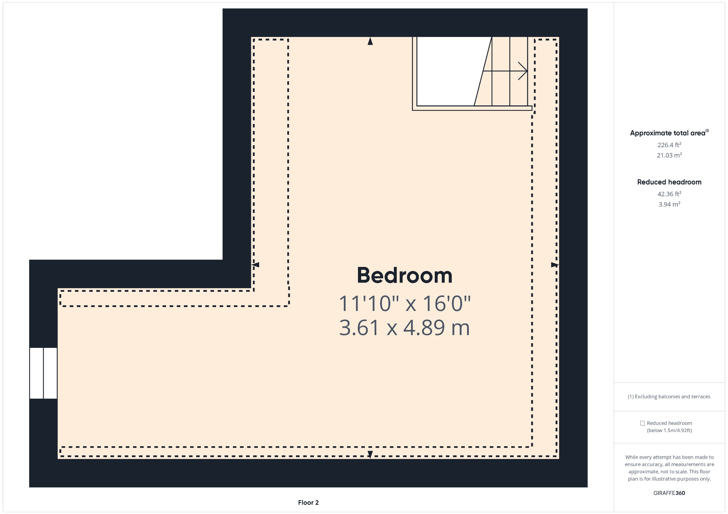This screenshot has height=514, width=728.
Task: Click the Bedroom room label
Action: click(x=405, y=275)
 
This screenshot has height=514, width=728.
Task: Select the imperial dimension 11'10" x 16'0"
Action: click(x=405, y=304)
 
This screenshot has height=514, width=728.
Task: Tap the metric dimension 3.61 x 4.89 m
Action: click(x=405, y=328)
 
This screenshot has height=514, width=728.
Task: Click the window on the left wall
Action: click(x=43, y=373)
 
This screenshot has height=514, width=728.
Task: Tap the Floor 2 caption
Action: click(x=308, y=503)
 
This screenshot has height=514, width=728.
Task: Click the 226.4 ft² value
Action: click(x=669, y=145)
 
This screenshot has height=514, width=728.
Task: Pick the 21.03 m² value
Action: click(x=669, y=155)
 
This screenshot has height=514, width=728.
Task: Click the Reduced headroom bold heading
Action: click(x=669, y=182)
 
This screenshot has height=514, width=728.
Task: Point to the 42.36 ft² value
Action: click(x=669, y=194)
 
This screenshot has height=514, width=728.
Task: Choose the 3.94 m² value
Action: click(x=669, y=204)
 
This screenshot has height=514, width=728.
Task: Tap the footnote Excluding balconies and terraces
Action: click(x=669, y=397)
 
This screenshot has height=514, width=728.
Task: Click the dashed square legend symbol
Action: click(x=642, y=423)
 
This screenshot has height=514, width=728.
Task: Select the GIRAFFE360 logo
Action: click(x=669, y=493)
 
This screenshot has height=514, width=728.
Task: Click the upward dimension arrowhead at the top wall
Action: click(x=370, y=41)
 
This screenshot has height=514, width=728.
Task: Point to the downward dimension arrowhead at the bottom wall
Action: click(x=370, y=454)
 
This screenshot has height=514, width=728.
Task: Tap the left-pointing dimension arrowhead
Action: click(x=256, y=265)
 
